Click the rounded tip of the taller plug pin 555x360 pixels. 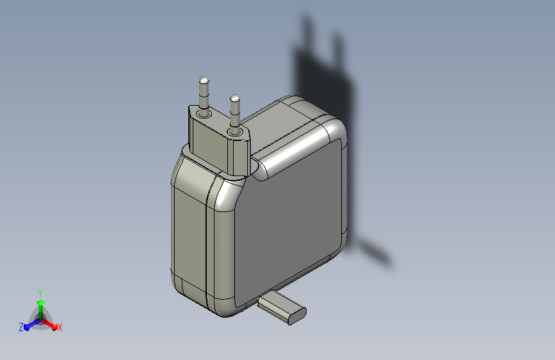coord(204,80)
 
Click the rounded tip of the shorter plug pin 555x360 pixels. coord(235,98)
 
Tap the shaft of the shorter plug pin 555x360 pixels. coord(235,113)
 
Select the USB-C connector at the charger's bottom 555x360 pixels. coord(282,307)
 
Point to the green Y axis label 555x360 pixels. coord(40,293)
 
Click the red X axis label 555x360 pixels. coord(60,327)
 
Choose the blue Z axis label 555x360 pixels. coord(21,327)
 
